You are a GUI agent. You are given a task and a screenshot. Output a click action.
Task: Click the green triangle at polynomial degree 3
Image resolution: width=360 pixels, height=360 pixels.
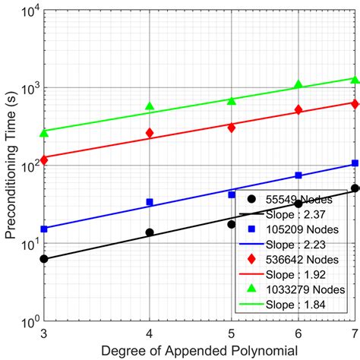point(44,133)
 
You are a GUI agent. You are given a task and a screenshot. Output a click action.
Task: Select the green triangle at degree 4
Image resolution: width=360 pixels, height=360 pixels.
point(150,106)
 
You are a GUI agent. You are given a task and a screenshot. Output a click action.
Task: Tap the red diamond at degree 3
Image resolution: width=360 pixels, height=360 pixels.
point(44,159)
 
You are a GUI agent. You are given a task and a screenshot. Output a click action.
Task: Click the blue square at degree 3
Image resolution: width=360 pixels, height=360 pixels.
point(44,229)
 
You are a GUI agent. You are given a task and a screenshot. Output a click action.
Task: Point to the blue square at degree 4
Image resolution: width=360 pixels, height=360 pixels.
point(150,202)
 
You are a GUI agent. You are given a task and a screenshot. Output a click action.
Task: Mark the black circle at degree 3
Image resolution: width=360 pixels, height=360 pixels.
point(44,259)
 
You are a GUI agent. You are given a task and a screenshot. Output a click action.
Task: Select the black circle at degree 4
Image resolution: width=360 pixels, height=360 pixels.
point(150,232)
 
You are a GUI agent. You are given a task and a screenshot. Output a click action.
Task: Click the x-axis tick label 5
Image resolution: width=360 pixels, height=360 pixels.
point(231,333)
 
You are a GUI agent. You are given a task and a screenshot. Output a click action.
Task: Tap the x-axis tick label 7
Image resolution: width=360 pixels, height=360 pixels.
point(353,333)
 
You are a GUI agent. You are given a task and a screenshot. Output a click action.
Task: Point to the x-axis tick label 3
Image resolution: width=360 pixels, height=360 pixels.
point(44,333)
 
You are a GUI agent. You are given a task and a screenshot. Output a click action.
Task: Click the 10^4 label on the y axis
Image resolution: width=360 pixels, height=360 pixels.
point(27,11)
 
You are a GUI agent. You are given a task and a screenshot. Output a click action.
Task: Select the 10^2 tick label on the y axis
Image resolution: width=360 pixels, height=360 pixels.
point(27,166)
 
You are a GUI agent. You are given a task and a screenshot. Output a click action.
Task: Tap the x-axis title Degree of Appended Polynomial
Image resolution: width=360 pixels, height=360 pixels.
point(199,350)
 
